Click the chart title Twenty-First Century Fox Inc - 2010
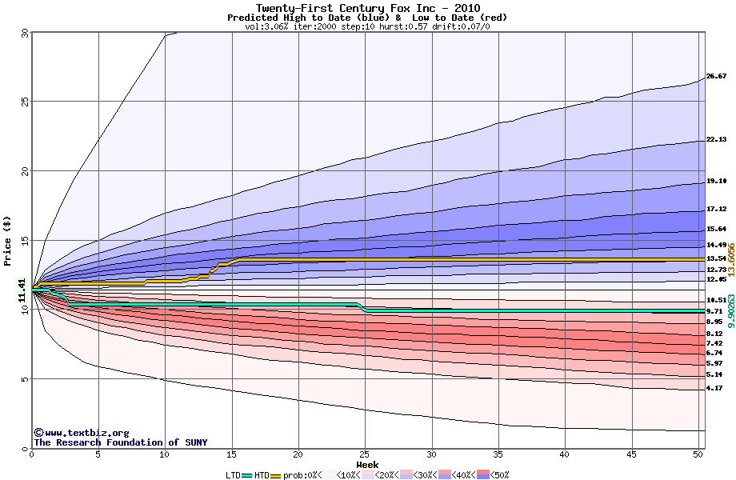point(367,8)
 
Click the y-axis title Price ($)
point(7,239)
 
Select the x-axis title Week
point(367,464)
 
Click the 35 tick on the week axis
point(498,454)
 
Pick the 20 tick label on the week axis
point(298,454)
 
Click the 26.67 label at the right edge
point(716,76)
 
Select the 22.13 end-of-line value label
point(716,139)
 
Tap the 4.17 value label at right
point(714,388)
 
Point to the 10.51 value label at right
point(716,300)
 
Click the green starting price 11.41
point(22,290)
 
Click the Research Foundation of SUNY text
point(120,442)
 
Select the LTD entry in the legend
point(234,474)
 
